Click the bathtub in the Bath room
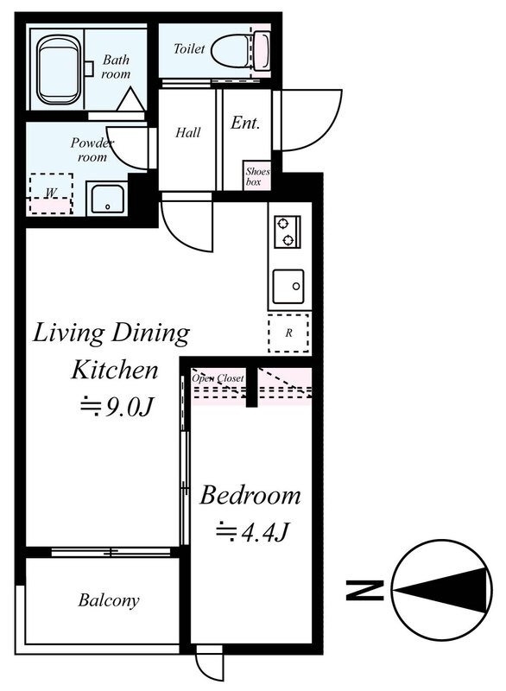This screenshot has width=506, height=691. click(x=59, y=70)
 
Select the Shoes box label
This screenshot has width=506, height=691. click(x=257, y=176)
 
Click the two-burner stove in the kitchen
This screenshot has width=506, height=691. click(x=288, y=231)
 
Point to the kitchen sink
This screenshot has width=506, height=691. click(x=288, y=287)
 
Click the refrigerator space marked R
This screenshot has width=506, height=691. click(x=288, y=333)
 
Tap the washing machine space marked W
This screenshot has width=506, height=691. click(x=51, y=193)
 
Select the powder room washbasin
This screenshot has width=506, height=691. click(x=107, y=200)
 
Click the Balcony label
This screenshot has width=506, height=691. click(x=108, y=599)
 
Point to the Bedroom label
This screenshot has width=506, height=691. click(x=250, y=495)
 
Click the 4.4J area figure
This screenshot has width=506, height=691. click(x=252, y=533)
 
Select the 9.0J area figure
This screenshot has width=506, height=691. click(x=117, y=408)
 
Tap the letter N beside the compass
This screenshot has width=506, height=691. click(x=364, y=591)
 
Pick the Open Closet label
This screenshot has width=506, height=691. click(x=217, y=378)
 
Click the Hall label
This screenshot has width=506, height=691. click(x=188, y=132)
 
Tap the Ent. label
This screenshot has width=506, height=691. click(x=245, y=123)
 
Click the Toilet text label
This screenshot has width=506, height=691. click(x=189, y=48)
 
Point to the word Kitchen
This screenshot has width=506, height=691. click(x=115, y=370)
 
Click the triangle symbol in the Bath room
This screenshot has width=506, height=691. click(x=130, y=99)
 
